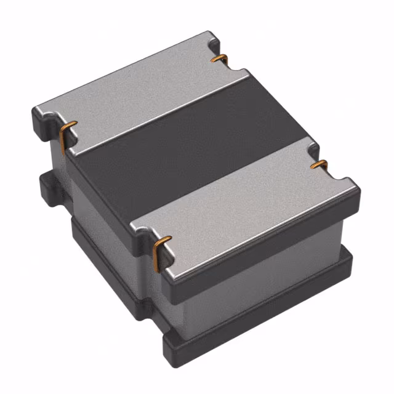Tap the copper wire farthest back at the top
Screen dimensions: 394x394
click(x=220, y=58)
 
